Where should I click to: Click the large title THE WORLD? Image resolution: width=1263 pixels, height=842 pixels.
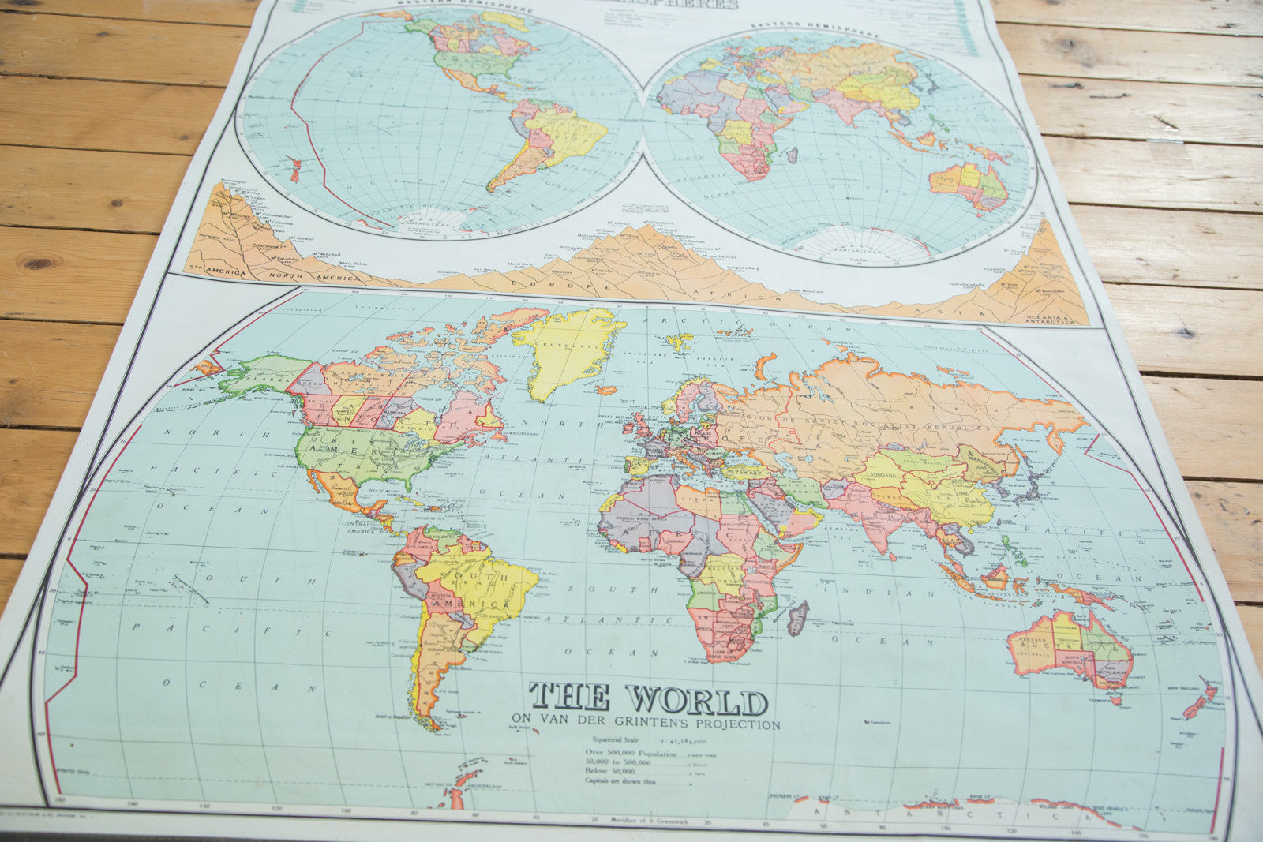[648, 698]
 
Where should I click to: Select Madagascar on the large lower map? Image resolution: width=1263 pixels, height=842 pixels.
[798, 617]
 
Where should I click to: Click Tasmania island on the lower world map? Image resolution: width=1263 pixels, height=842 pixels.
[1115, 698]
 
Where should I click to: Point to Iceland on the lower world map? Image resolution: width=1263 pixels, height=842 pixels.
[606, 390]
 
